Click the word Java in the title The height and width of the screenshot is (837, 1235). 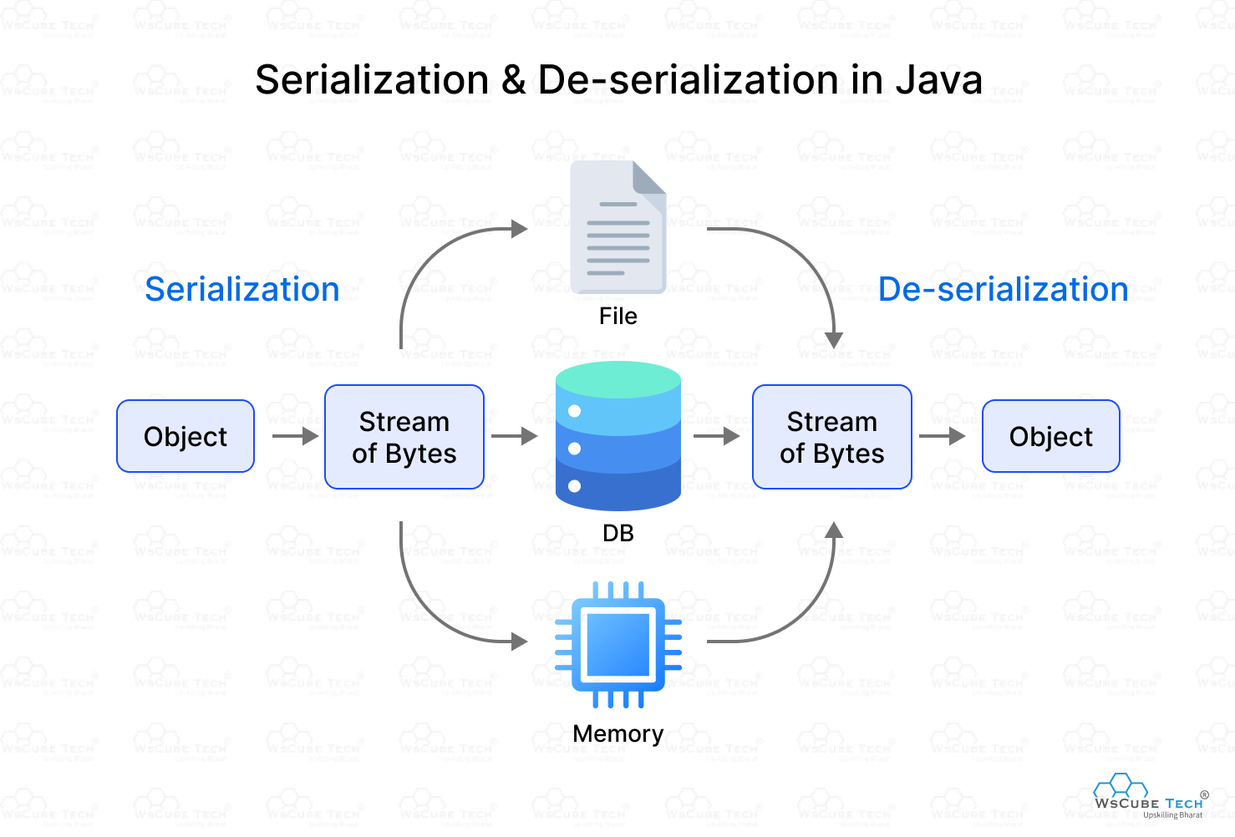(x=938, y=80)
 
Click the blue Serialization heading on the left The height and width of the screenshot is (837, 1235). (x=242, y=289)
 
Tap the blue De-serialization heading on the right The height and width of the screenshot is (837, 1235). (x=1003, y=289)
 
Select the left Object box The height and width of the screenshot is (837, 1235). (x=186, y=436)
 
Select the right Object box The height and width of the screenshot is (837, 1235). (x=1050, y=436)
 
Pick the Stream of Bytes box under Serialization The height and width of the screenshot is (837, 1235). (x=404, y=437)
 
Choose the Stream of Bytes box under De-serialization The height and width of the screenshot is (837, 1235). (x=831, y=437)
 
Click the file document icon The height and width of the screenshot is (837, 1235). (x=617, y=227)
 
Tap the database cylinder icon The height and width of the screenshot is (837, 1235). (x=617, y=436)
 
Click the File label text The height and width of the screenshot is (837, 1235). (x=617, y=317)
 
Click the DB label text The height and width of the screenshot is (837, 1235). (x=617, y=533)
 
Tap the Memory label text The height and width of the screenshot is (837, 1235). (x=617, y=733)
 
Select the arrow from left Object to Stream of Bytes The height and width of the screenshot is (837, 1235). (x=295, y=436)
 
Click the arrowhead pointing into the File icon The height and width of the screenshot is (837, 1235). (x=520, y=228)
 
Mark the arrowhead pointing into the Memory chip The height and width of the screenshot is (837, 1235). (x=520, y=642)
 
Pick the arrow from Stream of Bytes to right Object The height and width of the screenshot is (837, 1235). (x=942, y=436)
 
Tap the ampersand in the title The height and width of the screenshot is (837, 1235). (x=513, y=80)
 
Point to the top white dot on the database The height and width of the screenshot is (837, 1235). (x=574, y=411)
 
